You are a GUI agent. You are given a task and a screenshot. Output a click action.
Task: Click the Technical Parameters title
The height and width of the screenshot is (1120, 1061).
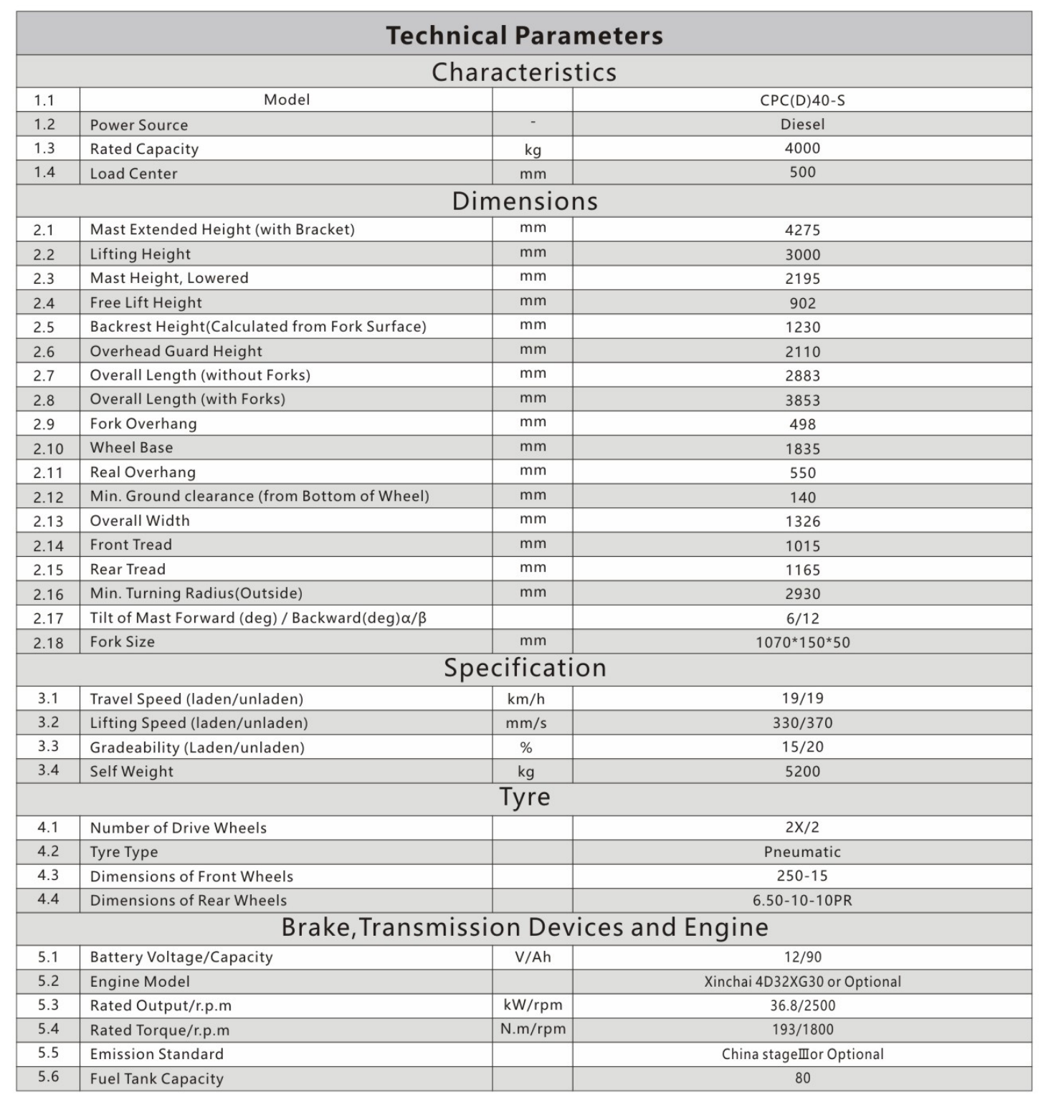(524, 35)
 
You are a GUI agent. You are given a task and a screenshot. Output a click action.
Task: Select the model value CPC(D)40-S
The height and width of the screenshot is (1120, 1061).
(802, 100)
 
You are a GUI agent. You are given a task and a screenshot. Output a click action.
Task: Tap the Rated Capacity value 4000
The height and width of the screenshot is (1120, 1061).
(802, 148)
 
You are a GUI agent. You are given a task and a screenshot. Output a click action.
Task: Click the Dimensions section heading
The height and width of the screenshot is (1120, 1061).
(524, 201)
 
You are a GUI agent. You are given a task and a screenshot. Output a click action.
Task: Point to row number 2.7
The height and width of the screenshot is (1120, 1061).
(44, 375)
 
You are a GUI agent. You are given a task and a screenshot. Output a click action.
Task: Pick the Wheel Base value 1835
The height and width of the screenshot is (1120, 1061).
(802, 449)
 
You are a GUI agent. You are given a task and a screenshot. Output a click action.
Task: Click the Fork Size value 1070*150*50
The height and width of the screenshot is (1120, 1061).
(802, 642)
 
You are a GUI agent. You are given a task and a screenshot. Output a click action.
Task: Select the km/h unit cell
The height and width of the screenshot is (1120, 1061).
(533, 699)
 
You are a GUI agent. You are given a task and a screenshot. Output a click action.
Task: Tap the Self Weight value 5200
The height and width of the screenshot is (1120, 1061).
(802, 772)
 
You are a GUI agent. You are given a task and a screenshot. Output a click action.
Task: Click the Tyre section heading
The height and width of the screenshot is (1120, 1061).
(524, 798)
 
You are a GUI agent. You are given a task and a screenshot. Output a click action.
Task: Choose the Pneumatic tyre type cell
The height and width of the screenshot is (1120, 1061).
(802, 852)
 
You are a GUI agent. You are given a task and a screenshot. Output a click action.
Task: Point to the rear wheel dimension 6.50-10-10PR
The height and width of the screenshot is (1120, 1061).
(802, 901)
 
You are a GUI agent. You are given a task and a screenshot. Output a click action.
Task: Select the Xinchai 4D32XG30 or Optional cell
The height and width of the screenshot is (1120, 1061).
(802, 982)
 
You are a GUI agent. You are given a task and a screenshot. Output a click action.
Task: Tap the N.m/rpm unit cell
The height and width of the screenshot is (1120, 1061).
(533, 1030)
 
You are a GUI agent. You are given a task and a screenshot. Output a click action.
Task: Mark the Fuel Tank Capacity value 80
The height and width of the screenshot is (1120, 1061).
(802, 1078)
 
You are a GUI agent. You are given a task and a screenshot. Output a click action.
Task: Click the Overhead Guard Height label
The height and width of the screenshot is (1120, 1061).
(176, 351)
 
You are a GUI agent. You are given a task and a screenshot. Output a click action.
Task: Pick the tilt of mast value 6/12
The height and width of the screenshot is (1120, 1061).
(802, 618)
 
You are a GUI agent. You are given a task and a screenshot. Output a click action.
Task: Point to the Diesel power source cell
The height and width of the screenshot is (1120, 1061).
(802, 125)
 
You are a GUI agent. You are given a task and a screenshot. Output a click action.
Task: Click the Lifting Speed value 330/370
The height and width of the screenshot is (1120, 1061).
(802, 723)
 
